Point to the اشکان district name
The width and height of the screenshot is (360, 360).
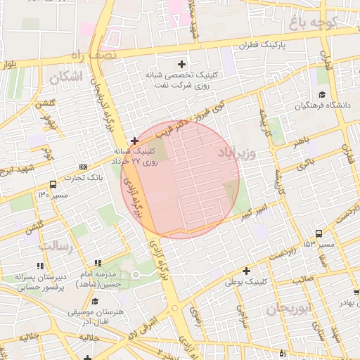click(x=67, y=76)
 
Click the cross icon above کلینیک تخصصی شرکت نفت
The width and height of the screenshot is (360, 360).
click(x=181, y=64)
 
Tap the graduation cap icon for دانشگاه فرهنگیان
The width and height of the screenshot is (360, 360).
click(x=322, y=95)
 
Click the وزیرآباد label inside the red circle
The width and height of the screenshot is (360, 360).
click(x=251, y=152)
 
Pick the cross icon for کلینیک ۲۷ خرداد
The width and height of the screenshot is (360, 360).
click(x=134, y=141)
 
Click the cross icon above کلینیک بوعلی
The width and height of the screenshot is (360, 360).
click(x=245, y=271)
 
